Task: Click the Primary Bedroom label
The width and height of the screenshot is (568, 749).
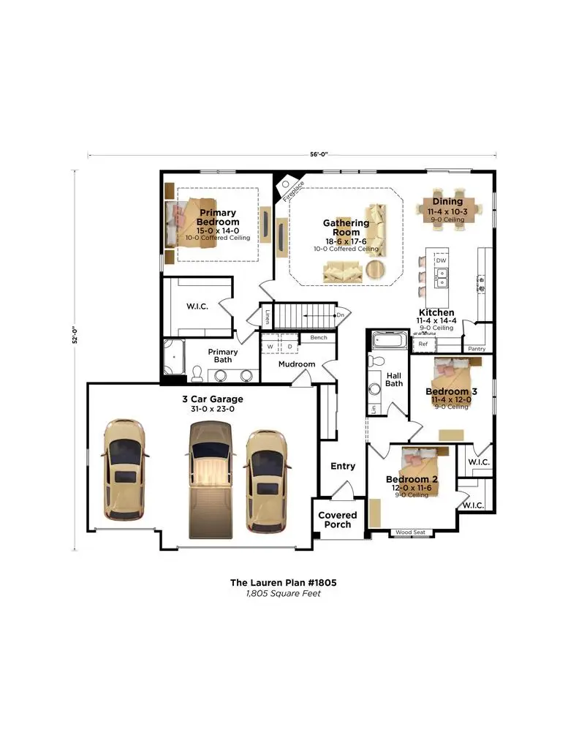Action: tap(218, 217)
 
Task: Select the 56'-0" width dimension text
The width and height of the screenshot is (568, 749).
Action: tap(319, 154)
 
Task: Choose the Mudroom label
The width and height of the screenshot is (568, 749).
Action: tap(297, 364)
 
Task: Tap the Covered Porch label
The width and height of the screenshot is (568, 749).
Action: tap(337, 520)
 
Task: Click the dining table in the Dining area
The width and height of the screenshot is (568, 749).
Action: tap(447, 210)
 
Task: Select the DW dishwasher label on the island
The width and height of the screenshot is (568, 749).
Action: tap(441, 260)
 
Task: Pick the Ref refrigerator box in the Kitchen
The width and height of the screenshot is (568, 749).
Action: tap(423, 342)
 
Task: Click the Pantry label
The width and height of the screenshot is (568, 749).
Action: tap(477, 350)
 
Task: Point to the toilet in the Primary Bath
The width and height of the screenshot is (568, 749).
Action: tap(197, 374)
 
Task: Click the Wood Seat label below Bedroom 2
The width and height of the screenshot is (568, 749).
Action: tap(409, 532)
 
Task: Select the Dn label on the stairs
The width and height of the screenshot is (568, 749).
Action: tap(340, 315)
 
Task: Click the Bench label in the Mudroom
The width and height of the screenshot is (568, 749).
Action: tap(319, 338)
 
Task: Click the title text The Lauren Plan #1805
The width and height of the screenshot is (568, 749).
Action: tap(283, 582)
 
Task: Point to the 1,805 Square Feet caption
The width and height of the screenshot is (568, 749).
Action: tap(283, 594)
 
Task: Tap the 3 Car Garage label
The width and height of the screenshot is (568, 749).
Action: tap(213, 399)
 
